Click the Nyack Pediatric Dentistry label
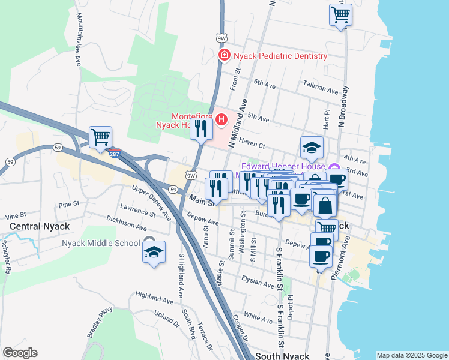[280, 56]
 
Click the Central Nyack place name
[40, 226]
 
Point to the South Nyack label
[282, 356]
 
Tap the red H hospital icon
[221, 120]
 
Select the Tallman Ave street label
[321, 89]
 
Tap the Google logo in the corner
[20, 353]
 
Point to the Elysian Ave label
[258, 281]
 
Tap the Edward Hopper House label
[283, 166]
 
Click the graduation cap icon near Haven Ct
[312, 147]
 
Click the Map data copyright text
[411, 355]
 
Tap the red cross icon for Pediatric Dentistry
[224, 56]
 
